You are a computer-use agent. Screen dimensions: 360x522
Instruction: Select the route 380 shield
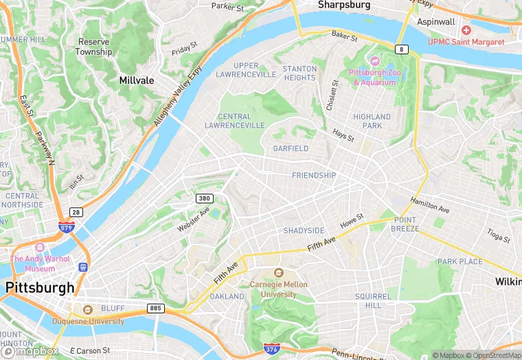[203, 199]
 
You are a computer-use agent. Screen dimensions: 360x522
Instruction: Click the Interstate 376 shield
[271, 350]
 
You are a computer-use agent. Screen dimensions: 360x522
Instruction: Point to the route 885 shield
[156, 308]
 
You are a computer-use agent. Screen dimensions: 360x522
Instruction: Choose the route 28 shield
[76, 212]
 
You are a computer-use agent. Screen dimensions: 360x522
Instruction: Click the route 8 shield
[401, 49]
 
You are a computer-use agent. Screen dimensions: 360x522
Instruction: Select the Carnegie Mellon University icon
[278, 273]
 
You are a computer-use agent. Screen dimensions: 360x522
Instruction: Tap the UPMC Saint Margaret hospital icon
[467, 30]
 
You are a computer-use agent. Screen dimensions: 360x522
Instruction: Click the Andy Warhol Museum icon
[40, 247]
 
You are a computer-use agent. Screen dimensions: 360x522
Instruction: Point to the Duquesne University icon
[87, 309]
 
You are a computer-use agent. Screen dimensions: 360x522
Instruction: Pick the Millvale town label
[136, 80]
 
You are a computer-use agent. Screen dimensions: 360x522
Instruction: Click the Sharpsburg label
[344, 5]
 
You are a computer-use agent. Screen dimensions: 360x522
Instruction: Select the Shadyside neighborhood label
[304, 231]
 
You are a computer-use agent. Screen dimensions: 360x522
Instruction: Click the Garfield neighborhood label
[291, 148]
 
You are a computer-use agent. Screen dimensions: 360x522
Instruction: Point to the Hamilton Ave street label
[429, 204]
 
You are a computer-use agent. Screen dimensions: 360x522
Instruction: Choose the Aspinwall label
[436, 22]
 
